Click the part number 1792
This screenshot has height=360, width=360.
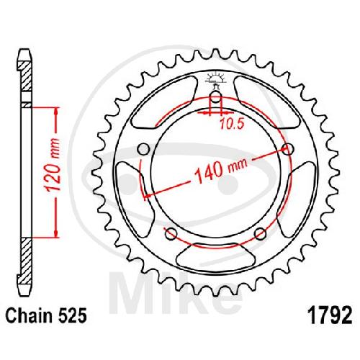coord(331,315)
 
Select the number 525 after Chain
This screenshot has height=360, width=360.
coord(73,315)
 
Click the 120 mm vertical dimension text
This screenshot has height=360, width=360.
coord(53,165)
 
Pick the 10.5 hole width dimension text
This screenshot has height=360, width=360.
coord(232,124)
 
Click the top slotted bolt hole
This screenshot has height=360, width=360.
coord(216,99)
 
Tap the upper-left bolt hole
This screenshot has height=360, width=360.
coord(143,149)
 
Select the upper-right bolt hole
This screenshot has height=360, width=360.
coord(288,149)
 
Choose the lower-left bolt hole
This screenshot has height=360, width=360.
coord(171,234)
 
